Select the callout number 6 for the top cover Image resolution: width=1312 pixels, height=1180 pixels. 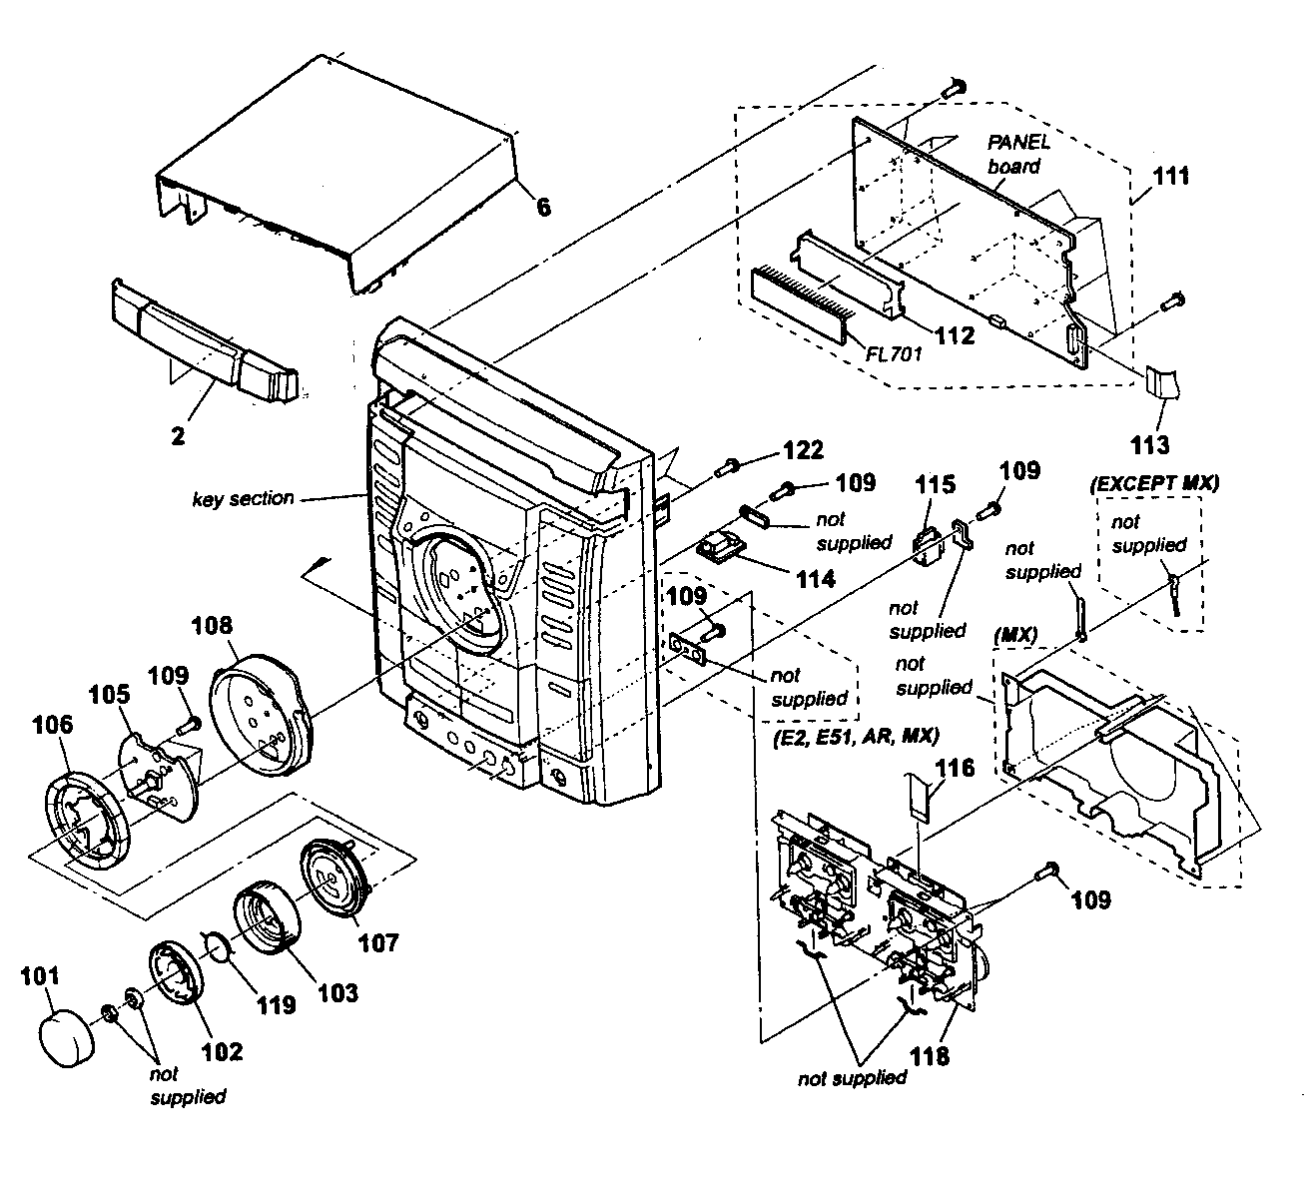pyautogui.click(x=543, y=208)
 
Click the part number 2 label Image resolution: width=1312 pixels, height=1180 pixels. pyautogui.click(x=178, y=436)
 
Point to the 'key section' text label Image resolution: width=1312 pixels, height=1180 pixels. pyautogui.click(x=243, y=498)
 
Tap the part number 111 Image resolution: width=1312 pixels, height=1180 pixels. pyautogui.click(x=1169, y=176)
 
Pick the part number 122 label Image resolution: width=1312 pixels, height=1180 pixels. pyautogui.click(x=803, y=450)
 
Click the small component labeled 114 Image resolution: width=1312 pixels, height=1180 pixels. pyautogui.click(x=720, y=548)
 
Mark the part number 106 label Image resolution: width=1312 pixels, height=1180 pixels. pyautogui.click(x=53, y=727)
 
